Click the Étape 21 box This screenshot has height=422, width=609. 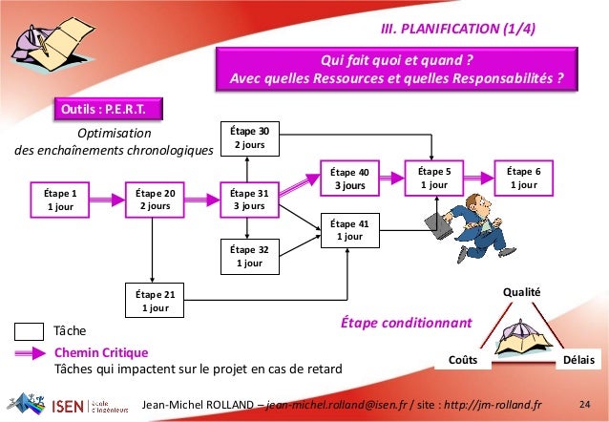(155, 302)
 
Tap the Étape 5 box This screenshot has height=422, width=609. (433, 178)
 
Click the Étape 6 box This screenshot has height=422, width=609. (523, 178)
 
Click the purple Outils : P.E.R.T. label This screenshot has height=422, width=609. (107, 109)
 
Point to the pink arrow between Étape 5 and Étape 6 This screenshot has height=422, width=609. (478, 178)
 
